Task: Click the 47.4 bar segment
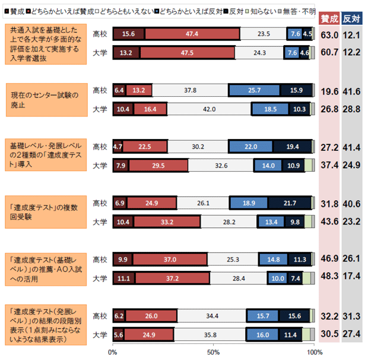192,34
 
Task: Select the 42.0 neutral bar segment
208,109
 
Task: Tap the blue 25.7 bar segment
255,90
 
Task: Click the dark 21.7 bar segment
290,203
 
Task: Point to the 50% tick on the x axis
213,352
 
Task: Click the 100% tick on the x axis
314,352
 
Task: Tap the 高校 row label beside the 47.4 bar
100,34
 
